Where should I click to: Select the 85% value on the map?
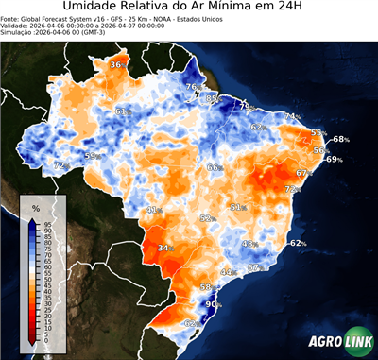coord(214,98)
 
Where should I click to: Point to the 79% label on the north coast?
coord(244,106)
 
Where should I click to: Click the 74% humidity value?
coord(292,117)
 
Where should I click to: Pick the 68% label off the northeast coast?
coord(340,139)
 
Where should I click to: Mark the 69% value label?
coord(334,160)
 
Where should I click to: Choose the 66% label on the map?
coord(215,167)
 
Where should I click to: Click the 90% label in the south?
coord(213,304)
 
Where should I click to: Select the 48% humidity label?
coord(249,244)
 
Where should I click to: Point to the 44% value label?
coord(227,272)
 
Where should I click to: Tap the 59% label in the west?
coord(92,156)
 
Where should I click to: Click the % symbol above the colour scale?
coord(35,208)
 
